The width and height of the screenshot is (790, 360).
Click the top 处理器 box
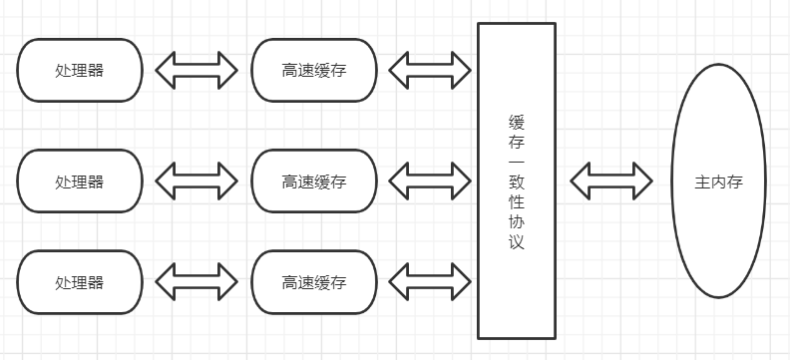pyautogui.click(x=80, y=70)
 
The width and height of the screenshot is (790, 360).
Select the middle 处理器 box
pyautogui.click(x=80, y=180)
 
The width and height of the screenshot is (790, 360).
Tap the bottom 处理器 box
pyautogui.click(x=80, y=282)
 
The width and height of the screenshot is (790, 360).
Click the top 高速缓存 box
pyautogui.click(x=314, y=70)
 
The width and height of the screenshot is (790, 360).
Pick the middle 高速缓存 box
pyautogui.click(x=314, y=180)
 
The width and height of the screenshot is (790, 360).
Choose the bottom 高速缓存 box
pyautogui.click(x=314, y=282)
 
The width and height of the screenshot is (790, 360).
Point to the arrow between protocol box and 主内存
pyautogui.click(x=611, y=180)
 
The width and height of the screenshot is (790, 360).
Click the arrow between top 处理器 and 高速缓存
pyautogui.click(x=197, y=70)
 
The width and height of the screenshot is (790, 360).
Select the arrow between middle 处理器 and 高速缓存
pyautogui.click(x=197, y=180)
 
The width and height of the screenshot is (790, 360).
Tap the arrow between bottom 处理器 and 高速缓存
pyautogui.click(x=197, y=282)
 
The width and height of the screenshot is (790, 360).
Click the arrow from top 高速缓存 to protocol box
pyautogui.click(x=430, y=70)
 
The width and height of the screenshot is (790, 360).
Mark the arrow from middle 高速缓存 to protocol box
pyautogui.click(x=430, y=180)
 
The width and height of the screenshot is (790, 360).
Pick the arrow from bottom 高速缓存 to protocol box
pyautogui.click(x=430, y=282)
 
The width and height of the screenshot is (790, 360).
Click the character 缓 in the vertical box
pyautogui.click(x=517, y=123)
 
